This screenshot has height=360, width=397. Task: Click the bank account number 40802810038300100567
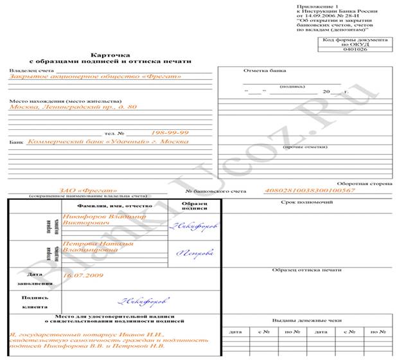(310, 190)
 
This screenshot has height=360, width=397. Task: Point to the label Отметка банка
(265, 71)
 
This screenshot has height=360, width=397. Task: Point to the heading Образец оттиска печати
(306, 270)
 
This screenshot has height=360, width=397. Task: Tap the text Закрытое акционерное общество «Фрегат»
(95, 77)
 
